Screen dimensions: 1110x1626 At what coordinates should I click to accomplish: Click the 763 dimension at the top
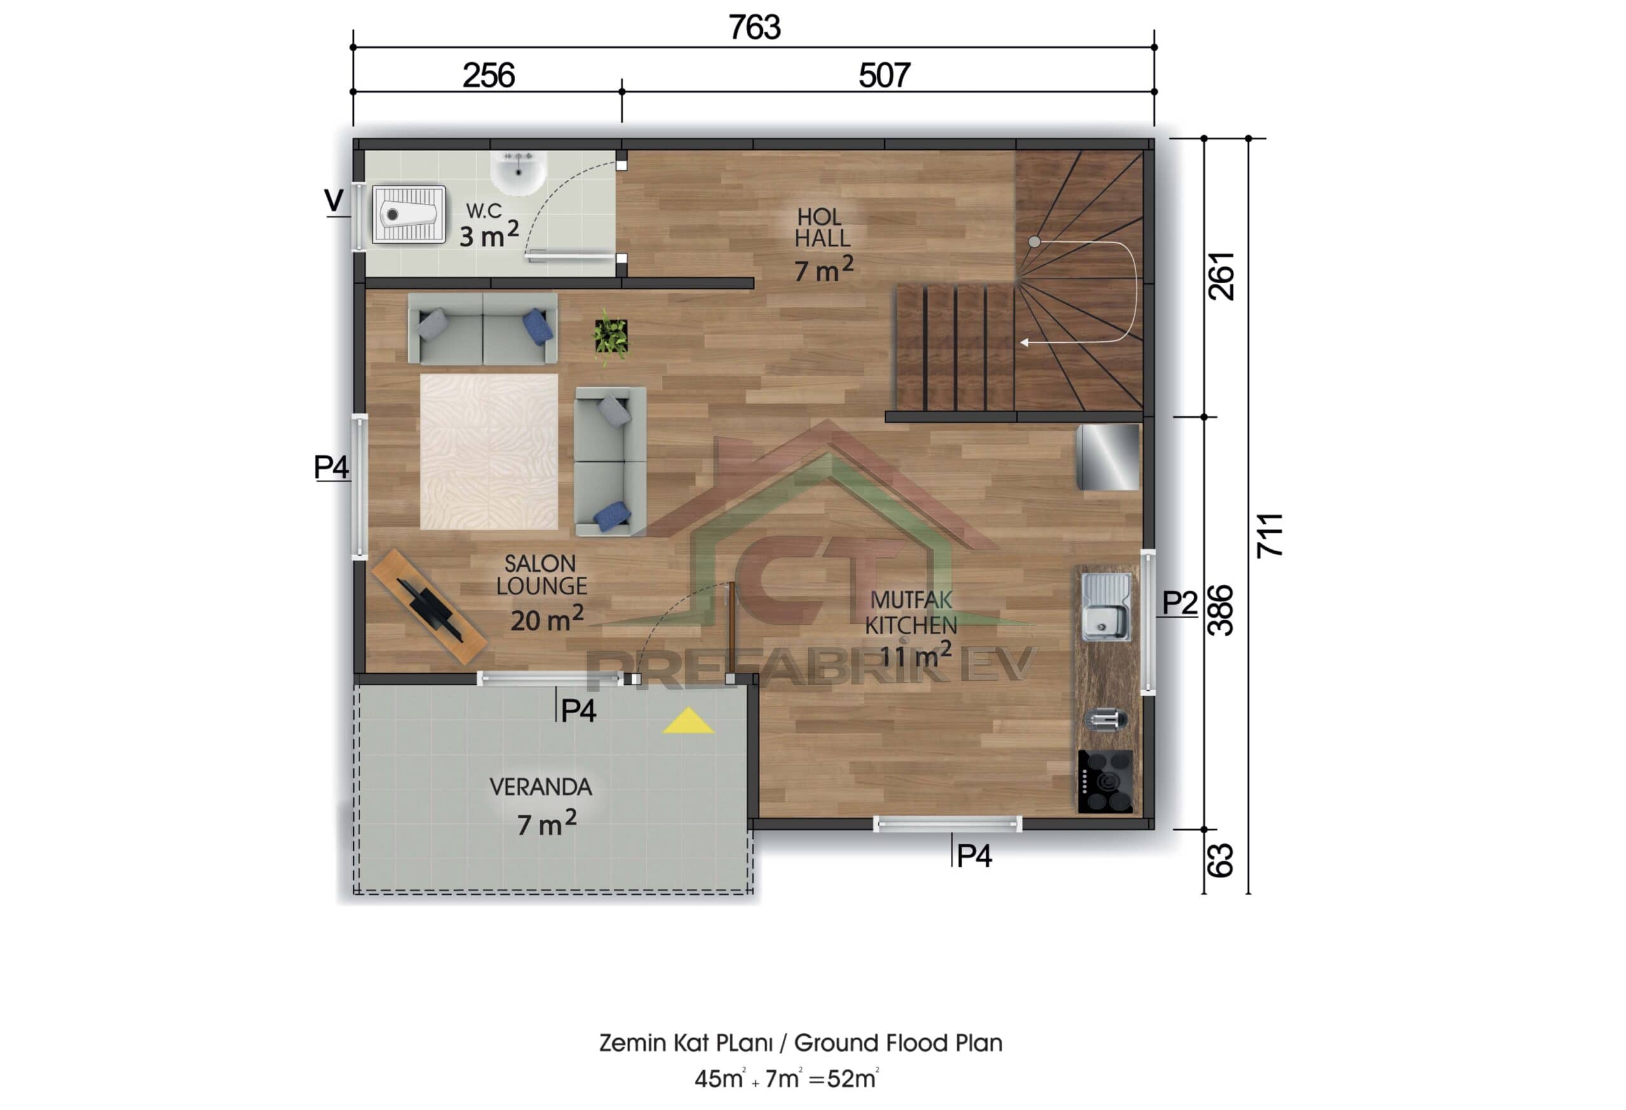tap(753, 28)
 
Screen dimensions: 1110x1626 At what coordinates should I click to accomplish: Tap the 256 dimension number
tap(488, 76)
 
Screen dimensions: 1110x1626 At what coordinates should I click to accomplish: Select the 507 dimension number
tap(884, 76)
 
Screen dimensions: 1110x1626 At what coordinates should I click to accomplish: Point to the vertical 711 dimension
tap(1269, 535)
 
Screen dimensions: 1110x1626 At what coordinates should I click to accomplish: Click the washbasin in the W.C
tap(518, 171)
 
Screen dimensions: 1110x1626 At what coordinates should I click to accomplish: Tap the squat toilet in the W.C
tap(408, 214)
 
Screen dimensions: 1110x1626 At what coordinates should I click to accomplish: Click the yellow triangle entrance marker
tap(688, 721)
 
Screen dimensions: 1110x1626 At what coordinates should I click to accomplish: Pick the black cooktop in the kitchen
tap(1105, 781)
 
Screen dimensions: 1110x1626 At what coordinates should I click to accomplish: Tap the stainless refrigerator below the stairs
tap(1108, 457)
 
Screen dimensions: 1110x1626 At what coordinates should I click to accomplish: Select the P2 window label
tap(1179, 602)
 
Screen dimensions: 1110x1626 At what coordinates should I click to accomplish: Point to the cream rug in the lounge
tap(488, 452)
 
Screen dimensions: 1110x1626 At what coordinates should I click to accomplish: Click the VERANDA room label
tap(540, 787)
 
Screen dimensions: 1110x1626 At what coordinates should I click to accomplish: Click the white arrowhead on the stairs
tap(1025, 343)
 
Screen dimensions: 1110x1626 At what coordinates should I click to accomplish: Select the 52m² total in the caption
tap(852, 1080)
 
